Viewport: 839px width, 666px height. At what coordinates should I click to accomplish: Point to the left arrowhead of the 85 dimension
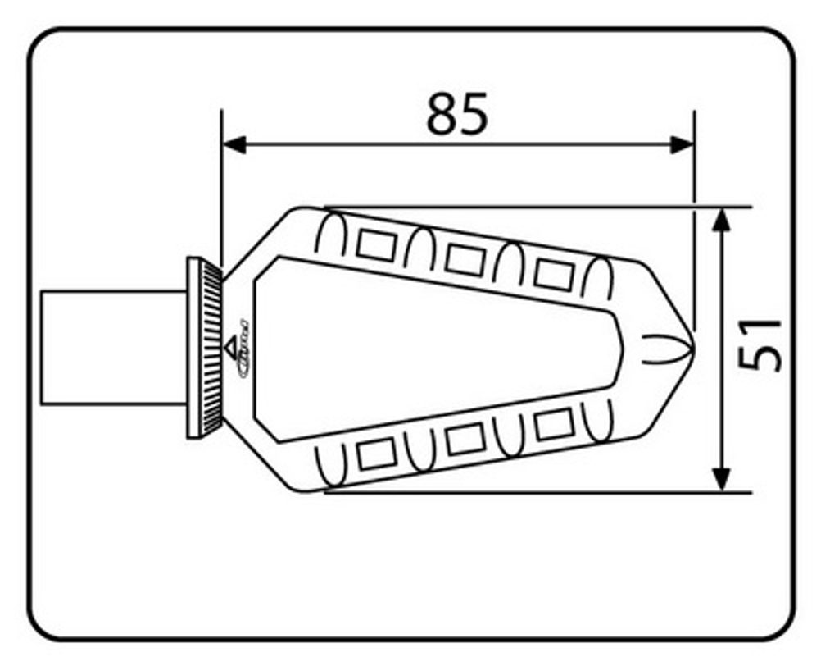234,145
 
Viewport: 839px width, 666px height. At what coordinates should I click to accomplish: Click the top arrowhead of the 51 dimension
721,220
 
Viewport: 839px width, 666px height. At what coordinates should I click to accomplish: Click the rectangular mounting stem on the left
114,347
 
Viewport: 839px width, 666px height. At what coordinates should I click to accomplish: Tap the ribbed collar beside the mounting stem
206,347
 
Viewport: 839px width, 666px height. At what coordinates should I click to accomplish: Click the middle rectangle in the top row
465,259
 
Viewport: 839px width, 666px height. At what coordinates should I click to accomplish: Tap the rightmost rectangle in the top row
553,273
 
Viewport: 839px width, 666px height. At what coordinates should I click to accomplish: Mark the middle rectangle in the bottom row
465,440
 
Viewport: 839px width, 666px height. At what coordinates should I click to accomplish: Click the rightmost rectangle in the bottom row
553,424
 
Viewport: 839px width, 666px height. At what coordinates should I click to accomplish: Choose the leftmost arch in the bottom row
333,463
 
